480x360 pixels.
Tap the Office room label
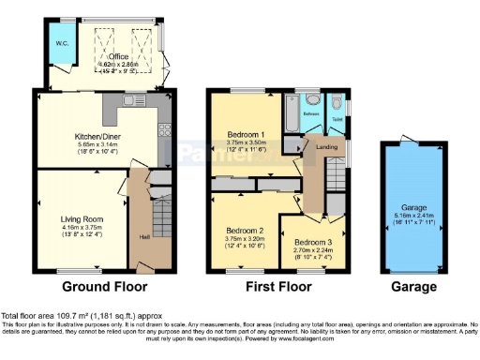point(118,55)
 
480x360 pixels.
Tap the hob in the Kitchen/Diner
point(161,132)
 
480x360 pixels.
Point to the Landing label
point(327,146)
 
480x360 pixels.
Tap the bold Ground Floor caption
point(94,287)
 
